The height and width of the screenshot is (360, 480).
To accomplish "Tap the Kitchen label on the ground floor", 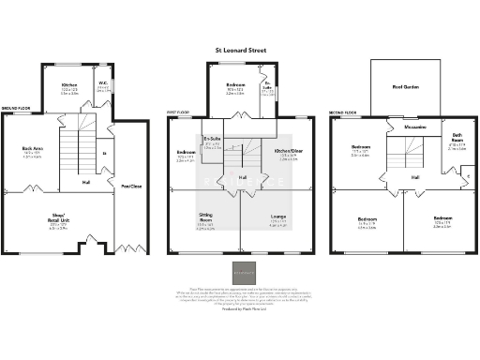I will click(68, 87).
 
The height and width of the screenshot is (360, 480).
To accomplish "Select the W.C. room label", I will click(102, 87).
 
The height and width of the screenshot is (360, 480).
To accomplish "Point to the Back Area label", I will click(33, 151).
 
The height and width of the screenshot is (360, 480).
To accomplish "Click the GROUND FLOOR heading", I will click(16, 109).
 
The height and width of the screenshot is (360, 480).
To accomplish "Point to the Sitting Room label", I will click(203, 220).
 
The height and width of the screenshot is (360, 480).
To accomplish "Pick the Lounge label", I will click(277, 221).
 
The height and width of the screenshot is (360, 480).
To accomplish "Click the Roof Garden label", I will click(404, 85).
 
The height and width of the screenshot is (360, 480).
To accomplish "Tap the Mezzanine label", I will click(415, 126).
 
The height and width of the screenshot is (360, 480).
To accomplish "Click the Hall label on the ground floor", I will click(85, 181).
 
